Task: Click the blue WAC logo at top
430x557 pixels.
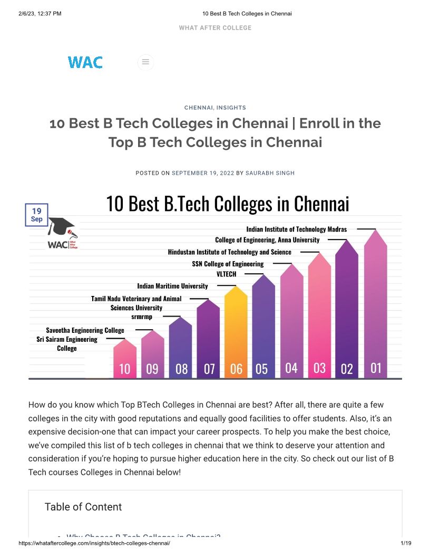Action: pyautogui.click(x=85, y=62)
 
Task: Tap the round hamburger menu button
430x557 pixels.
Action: pyautogui.click(x=145, y=62)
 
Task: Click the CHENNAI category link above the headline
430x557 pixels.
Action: pyautogui.click(x=199, y=108)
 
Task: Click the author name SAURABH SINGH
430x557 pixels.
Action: pyautogui.click(x=270, y=173)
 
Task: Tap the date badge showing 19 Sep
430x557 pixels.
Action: pyautogui.click(x=36, y=215)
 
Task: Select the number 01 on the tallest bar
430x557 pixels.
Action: pyautogui.click(x=375, y=368)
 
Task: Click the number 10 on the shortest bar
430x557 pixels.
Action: pyautogui.click(x=124, y=369)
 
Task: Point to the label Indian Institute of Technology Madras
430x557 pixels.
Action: pyautogui.click(x=296, y=229)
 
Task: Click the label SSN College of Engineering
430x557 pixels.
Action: pyautogui.click(x=228, y=264)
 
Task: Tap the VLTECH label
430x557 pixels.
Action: pyautogui.click(x=227, y=274)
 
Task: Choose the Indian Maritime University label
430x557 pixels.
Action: pyautogui.click(x=172, y=286)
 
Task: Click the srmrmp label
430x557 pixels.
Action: pyautogui.click(x=142, y=316)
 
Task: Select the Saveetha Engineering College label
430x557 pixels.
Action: pyautogui.click(x=85, y=330)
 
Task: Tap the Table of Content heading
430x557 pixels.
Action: pyautogui.click(x=83, y=507)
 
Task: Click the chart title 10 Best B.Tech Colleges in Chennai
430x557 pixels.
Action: pyautogui.click(x=228, y=204)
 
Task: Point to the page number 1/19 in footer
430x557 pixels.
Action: pyautogui.click(x=405, y=543)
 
